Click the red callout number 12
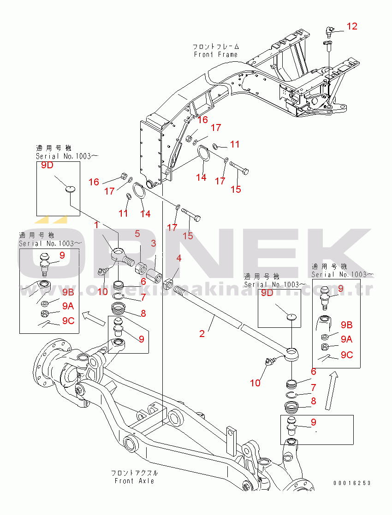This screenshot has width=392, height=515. point(352,26)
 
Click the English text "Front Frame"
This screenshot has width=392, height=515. point(215,54)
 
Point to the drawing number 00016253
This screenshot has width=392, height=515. point(352,483)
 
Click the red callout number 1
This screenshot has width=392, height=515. point(97,225)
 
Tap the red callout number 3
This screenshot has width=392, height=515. point(153,243)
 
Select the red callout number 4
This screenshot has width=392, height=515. point(179,259)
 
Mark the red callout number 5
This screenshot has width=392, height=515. point(137,234)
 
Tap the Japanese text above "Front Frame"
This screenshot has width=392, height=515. point(216,47)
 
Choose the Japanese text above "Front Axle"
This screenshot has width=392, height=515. point(134,473)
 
